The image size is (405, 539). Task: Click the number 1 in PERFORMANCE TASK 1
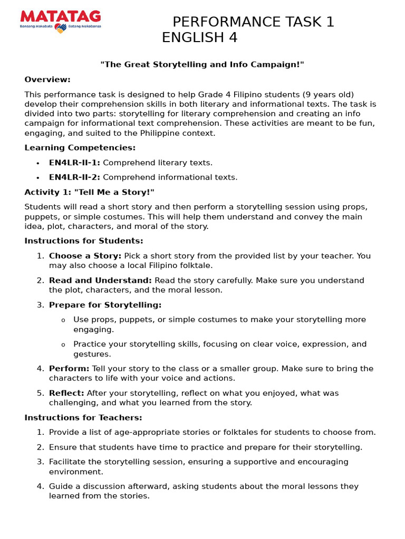pyautogui.click(x=330, y=22)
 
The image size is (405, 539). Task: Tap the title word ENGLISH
pyautogui.click(x=190, y=38)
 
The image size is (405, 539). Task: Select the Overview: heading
pyautogui.click(x=47, y=79)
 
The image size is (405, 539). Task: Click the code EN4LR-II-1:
pyautogui.click(x=74, y=163)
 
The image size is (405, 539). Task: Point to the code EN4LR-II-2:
pyautogui.click(x=74, y=177)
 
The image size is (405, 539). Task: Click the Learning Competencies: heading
pyautogui.click(x=80, y=148)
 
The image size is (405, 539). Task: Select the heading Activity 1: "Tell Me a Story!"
pyautogui.click(x=89, y=192)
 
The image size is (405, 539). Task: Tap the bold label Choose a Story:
pyautogui.click(x=85, y=256)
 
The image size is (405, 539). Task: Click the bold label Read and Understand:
pyautogui.click(x=100, y=281)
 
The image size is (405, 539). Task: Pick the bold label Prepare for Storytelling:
pyautogui.click(x=105, y=305)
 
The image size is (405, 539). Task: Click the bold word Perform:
pyautogui.click(x=69, y=368)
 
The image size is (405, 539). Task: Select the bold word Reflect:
pyautogui.click(x=66, y=393)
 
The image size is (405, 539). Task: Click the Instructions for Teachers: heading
pyautogui.click(x=83, y=417)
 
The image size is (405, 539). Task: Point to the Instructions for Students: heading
pyautogui.click(x=84, y=241)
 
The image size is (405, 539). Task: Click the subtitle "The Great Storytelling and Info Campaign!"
pyautogui.click(x=202, y=64)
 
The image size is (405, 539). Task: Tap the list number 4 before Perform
pyautogui.click(x=40, y=368)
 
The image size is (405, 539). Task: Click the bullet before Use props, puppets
pyautogui.click(x=63, y=320)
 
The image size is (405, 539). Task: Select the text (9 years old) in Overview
pyautogui.click(x=328, y=94)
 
